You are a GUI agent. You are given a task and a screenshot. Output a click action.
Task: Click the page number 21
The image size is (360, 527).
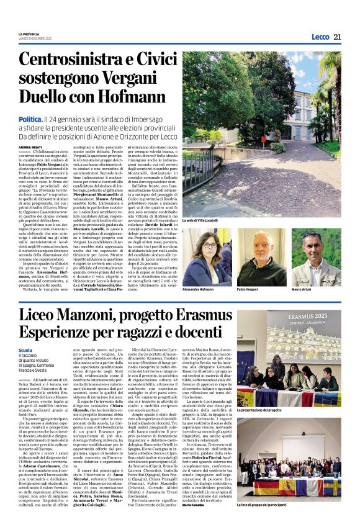(x=338, y=37)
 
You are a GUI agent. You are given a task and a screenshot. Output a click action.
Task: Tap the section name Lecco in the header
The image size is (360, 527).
(x=320, y=37)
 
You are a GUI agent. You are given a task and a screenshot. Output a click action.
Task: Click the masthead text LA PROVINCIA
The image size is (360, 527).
(x=30, y=34)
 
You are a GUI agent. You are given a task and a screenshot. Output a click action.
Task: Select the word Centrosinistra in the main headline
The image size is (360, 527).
(x=77, y=60)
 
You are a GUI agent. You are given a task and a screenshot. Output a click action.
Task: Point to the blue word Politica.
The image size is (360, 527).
(x=30, y=119)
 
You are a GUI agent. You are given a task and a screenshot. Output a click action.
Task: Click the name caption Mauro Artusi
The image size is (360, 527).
(x=304, y=290)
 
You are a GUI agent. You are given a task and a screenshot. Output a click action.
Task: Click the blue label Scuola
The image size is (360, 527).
(x=26, y=350)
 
